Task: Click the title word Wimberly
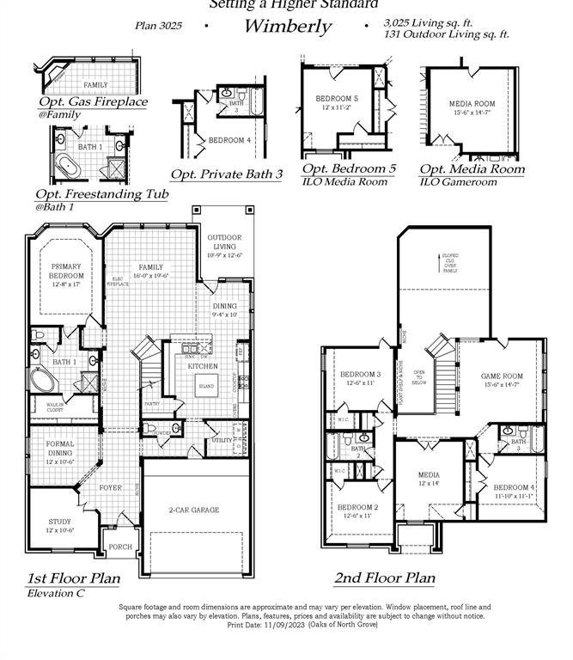287,26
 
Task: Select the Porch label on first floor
120,547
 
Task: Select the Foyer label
111,487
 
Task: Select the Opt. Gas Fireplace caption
93,101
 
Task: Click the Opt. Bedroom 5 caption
349,168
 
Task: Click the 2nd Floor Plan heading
384,578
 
